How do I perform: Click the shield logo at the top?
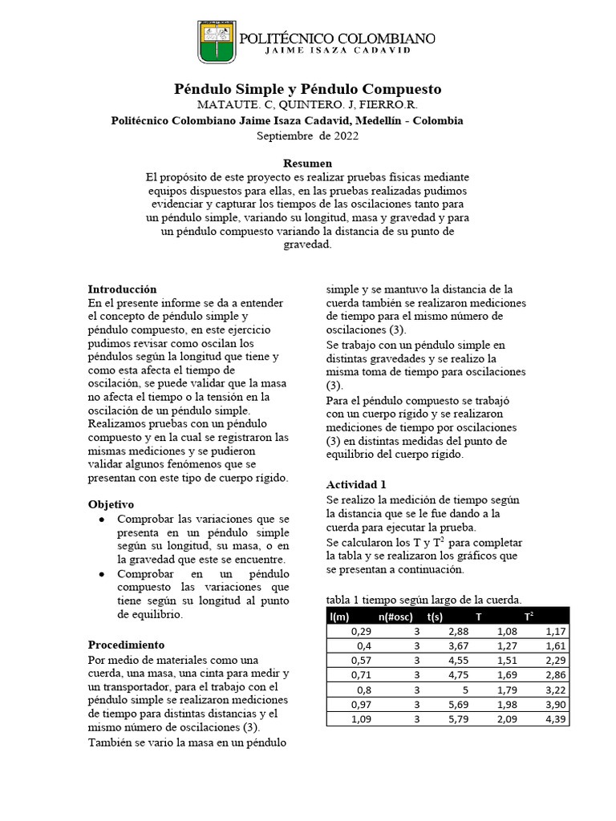[217, 42]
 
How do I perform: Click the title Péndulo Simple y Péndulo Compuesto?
[308, 88]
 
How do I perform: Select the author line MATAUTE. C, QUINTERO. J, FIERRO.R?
[307, 105]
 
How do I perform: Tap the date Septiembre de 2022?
[307, 135]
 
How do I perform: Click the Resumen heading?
[307, 163]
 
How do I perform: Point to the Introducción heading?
[122, 289]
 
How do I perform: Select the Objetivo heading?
[111, 504]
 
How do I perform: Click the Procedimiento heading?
[126, 645]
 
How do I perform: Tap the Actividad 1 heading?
[356, 484]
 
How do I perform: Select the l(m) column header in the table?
[339, 616]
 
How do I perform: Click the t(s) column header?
[436, 616]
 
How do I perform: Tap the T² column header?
[529, 616]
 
